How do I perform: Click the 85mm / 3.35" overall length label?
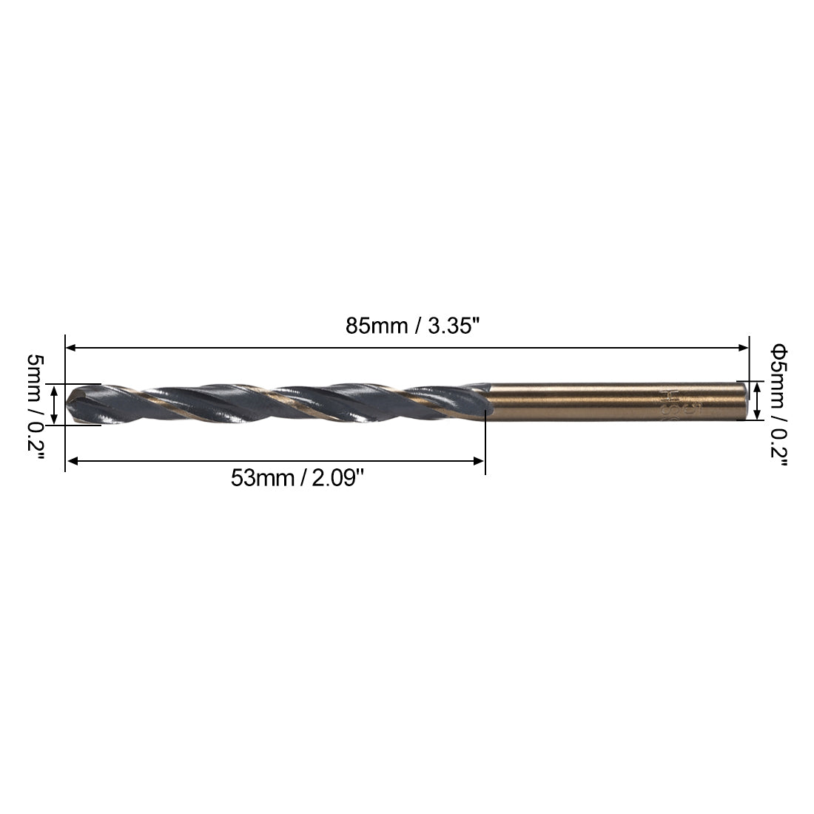tap(408, 326)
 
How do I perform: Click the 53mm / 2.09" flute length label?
tap(298, 478)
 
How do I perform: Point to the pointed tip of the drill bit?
tap(68, 403)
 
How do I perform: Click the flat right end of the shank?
tap(743, 400)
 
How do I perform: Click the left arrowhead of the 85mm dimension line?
tap(71, 346)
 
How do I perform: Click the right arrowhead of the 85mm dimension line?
tap(744, 346)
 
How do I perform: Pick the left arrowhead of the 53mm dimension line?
tap(72, 462)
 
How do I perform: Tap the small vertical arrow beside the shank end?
tap(757, 400)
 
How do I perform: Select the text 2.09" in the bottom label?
tap(339, 478)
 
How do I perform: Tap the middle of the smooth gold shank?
tap(614, 400)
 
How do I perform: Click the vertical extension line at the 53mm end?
tap(485, 444)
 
